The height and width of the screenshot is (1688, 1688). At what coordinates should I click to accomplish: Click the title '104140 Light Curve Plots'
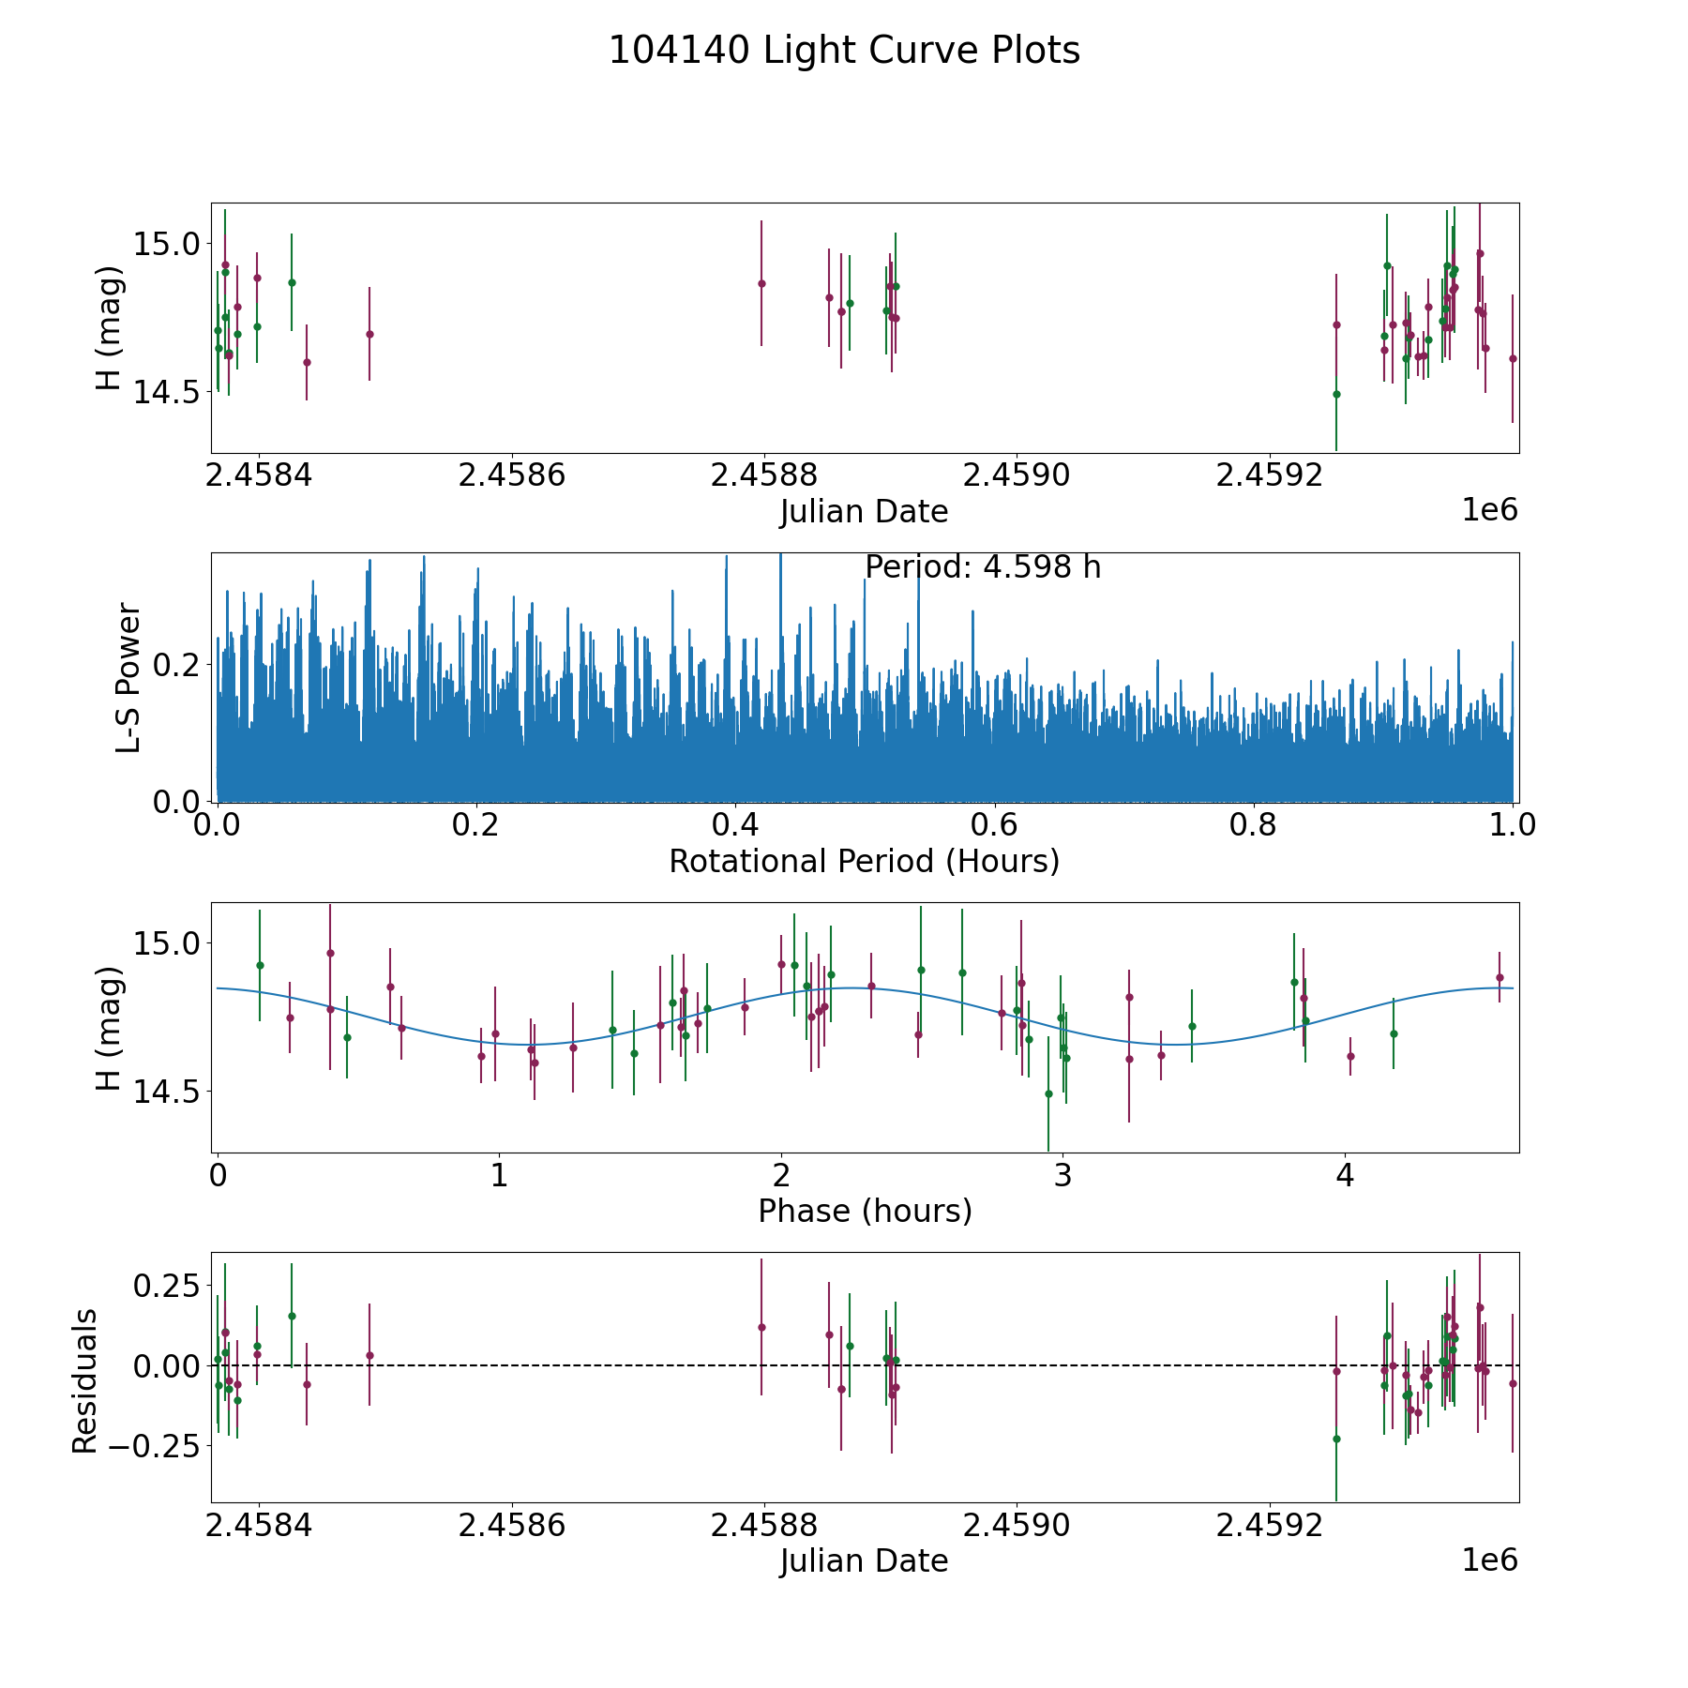click(844, 51)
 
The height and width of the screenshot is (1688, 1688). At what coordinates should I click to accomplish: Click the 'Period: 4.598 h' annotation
click(982, 567)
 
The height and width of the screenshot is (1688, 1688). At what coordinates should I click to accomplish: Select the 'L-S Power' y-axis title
click(128, 677)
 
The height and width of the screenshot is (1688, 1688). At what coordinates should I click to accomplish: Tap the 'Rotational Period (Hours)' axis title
click(864, 861)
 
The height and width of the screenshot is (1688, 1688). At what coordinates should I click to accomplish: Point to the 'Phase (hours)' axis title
click(865, 1211)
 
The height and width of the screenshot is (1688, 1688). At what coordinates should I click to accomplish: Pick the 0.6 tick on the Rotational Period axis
click(994, 825)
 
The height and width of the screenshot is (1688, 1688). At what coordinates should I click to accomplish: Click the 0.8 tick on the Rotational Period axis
click(1254, 825)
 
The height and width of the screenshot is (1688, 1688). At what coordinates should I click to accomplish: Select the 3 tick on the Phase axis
click(1063, 1175)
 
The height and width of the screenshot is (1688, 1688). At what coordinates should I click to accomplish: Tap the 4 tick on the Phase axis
click(1345, 1175)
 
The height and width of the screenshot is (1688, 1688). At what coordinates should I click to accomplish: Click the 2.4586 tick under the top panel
click(512, 475)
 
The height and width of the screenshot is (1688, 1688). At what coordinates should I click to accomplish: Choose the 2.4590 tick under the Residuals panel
click(1017, 1526)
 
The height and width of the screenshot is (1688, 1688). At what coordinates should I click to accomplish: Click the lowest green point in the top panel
click(1336, 394)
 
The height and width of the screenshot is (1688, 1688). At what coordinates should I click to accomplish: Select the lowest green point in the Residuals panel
click(1336, 1439)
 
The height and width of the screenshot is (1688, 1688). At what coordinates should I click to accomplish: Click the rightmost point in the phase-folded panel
click(1500, 977)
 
